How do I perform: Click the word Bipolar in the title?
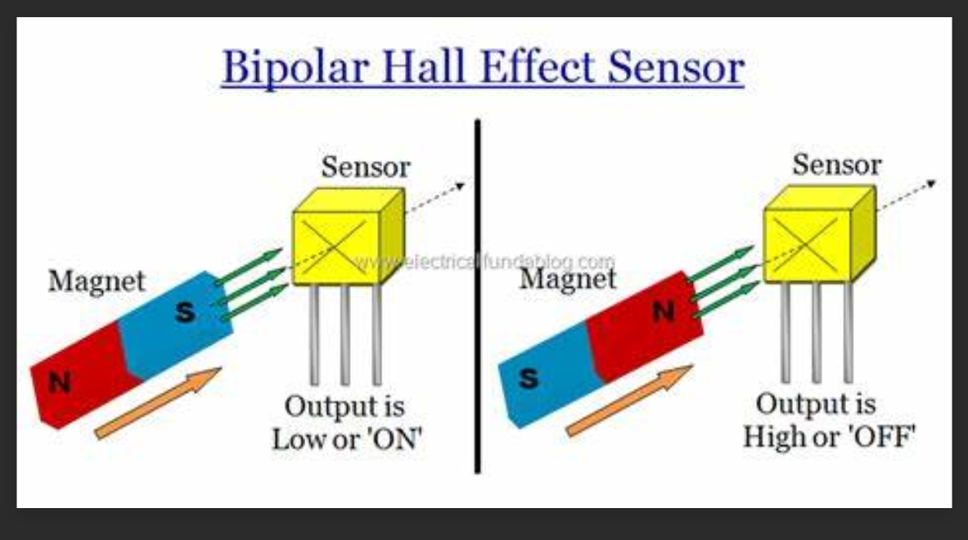point(295,67)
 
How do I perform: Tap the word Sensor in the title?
point(675,67)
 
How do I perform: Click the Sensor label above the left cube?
point(366,167)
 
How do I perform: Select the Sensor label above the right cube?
point(836,164)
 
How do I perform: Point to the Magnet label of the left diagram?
point(97,281)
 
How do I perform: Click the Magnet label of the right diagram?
point(567,279)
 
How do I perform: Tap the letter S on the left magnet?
point(185,313)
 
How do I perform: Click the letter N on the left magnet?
point(60,383)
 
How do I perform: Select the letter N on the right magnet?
point(664,312)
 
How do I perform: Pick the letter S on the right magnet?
point(529,378)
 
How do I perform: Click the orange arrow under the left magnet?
point(158,403)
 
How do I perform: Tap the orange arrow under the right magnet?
point(629,401)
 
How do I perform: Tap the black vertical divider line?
point(477,296)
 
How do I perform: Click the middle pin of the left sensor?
point(345,335)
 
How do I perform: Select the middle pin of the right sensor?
point(816,332)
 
